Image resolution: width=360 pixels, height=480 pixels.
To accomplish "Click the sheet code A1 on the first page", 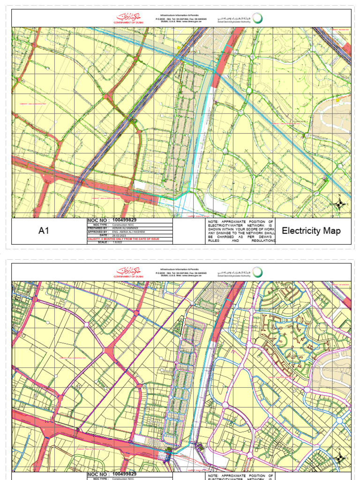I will pos(44,231).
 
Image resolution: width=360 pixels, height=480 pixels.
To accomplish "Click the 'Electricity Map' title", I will pos(311,231).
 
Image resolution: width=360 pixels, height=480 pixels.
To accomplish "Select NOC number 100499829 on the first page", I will pos(125,220).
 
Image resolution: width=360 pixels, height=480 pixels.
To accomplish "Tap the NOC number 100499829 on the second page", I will pos(125,474).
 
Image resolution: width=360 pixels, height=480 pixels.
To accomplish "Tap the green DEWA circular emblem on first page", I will pos(257,18).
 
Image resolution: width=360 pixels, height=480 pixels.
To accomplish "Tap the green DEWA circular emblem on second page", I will pos(257,272).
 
